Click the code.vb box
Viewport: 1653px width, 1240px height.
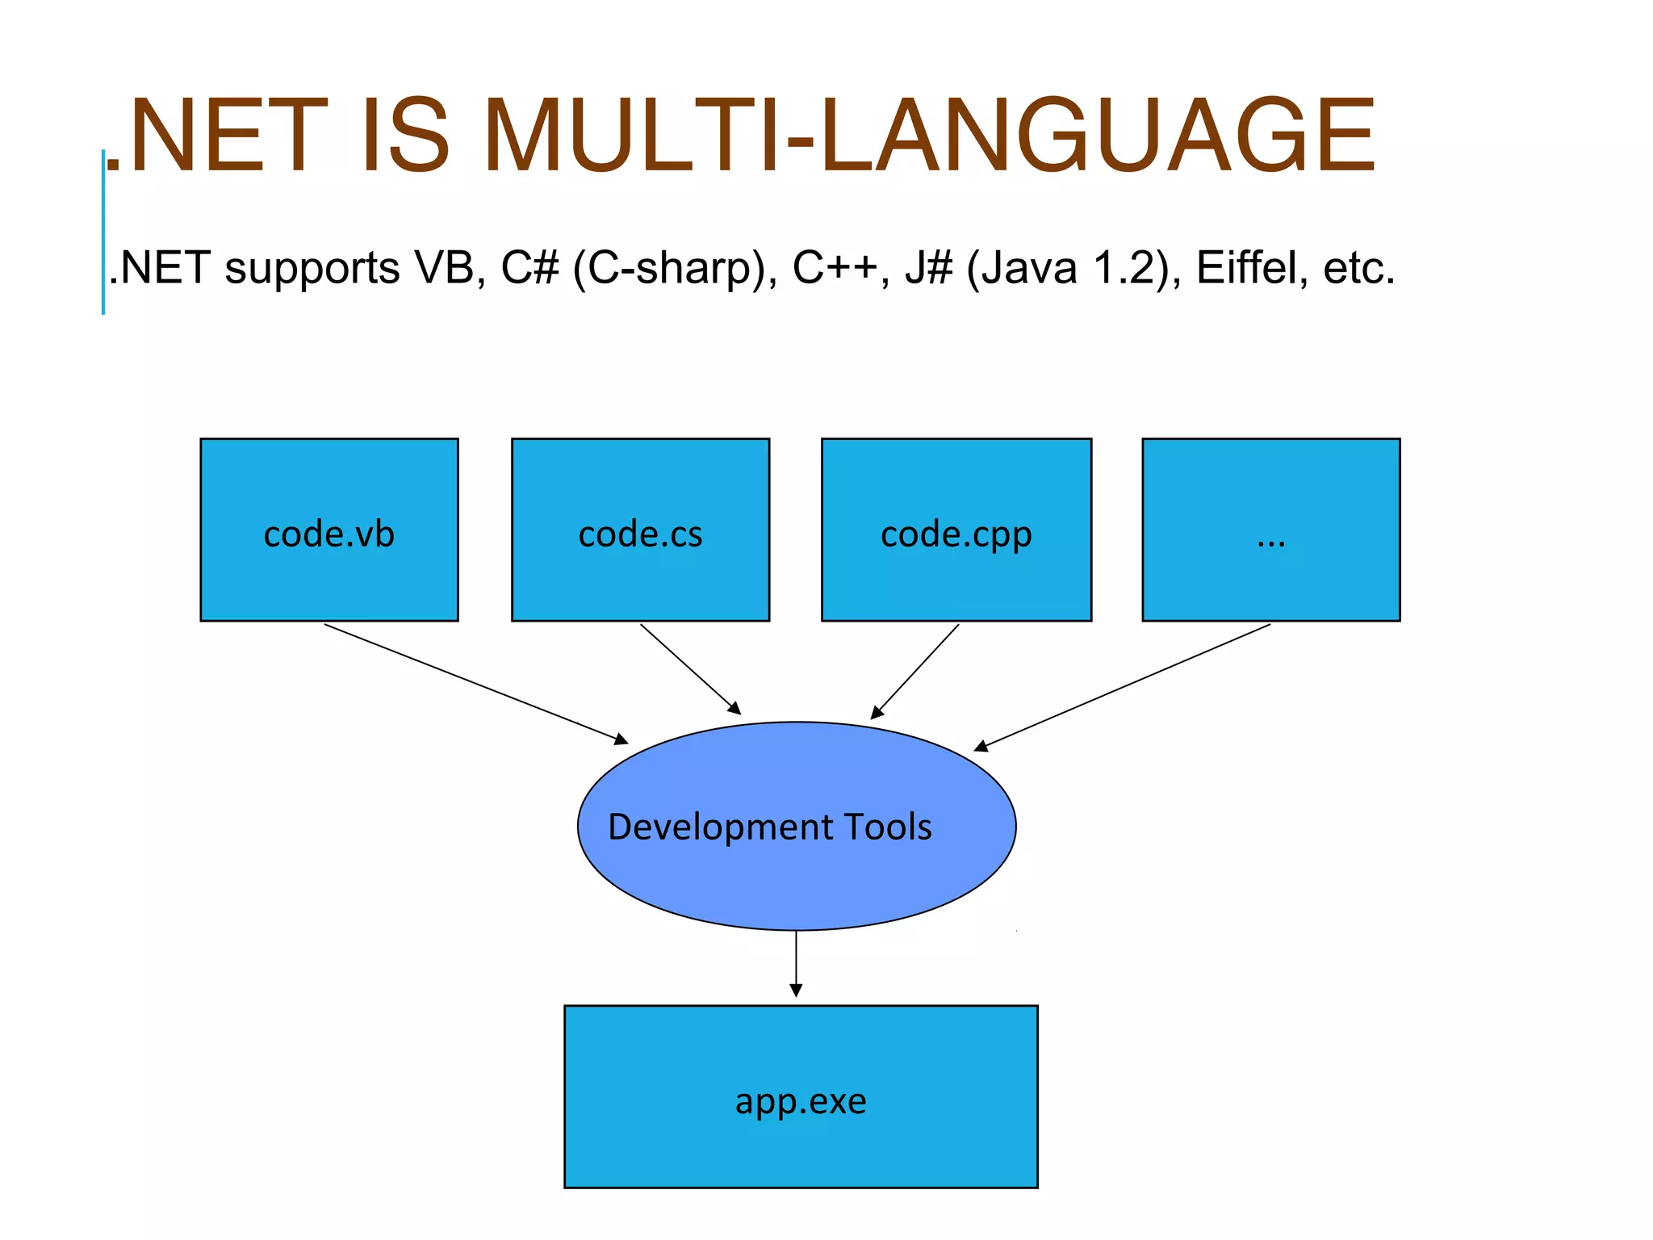pos(329,530)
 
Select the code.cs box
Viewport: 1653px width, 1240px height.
pos(640,530)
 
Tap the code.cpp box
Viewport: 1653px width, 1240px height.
pos(956,530)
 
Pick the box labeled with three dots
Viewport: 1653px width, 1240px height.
pos(1271,530)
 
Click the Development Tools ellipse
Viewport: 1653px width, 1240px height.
pos(797,826)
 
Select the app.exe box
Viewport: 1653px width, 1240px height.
pos(801,1096)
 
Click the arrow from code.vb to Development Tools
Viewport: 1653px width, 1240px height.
pos(476,684)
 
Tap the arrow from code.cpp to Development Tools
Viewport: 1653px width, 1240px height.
pos(915,671)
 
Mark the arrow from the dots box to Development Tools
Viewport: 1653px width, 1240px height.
pos(1123,687)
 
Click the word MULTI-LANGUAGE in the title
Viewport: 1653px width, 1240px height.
pos(928,136)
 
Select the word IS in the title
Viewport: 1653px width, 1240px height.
pos(404,136)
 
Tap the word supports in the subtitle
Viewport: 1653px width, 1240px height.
pos(312,268)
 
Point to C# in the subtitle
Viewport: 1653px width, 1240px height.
pos(529,268)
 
